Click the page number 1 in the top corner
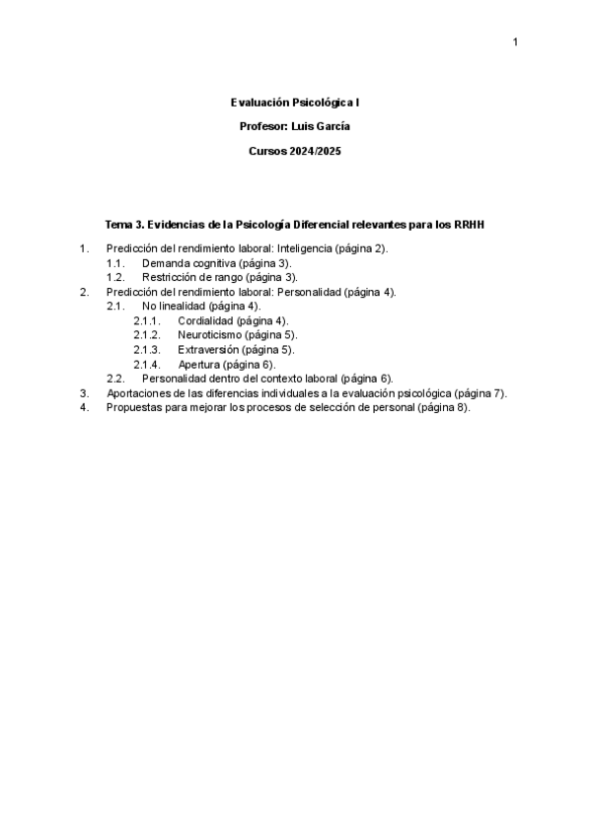coord(515,41)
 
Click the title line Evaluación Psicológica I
coord(295,102)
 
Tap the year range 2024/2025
coord(316,151)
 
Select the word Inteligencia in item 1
coord(303,248)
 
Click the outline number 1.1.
coord(114,263)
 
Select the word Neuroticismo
coord(211,335)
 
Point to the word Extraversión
coord(208,349)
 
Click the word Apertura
coord(199,364)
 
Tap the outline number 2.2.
coord(114,379)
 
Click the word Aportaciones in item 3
coord(137,392)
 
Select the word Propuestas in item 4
coord(133,407)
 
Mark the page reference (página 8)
coord(443,407)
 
